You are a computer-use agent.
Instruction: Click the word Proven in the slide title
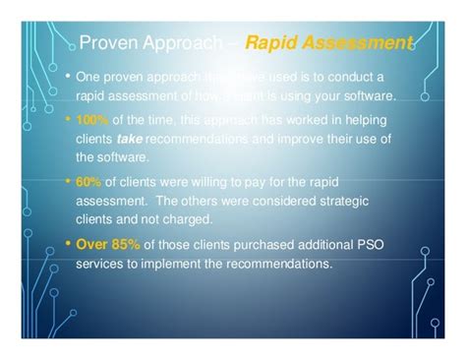click(x=106, y=43)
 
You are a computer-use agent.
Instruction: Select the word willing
click(x=209, y=182)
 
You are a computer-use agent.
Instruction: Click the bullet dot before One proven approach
click(x=66, y=77)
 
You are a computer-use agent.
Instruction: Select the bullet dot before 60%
click(x=66, y=182)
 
